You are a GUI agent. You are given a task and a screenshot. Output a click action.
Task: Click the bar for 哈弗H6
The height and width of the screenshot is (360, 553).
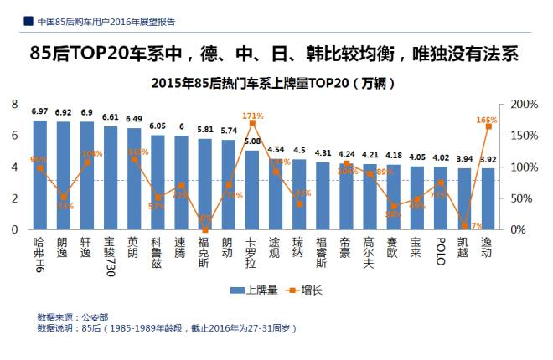pos(39,175)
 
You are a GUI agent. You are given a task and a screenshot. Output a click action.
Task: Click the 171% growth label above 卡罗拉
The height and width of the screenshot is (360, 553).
pos(252,116)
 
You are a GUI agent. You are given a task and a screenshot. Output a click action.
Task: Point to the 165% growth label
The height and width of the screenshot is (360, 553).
pos(487,121)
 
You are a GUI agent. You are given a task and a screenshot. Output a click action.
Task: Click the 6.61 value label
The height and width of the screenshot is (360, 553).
pos(111,118)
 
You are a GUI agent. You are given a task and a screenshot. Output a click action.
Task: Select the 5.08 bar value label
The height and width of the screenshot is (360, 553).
pos(252,141)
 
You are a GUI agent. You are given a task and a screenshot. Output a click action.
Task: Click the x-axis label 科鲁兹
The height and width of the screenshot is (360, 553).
pos(158,249)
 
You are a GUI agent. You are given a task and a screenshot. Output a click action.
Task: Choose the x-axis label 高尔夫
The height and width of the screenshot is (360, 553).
pos(370,249)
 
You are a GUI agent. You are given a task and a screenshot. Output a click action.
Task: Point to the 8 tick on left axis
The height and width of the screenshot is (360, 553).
pos(14,104)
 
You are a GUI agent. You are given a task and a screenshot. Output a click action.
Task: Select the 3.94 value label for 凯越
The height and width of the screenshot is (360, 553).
pos(463,159)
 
